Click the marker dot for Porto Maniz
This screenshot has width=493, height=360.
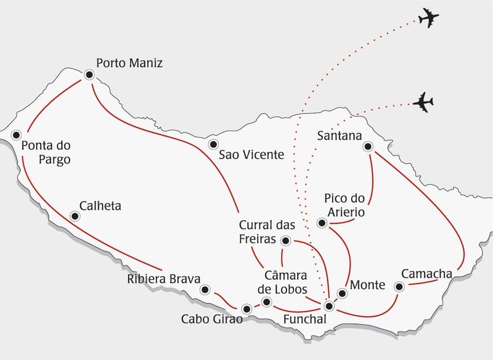click(x=89, y=76)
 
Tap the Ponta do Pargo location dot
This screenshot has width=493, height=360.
click(x=16, y=135)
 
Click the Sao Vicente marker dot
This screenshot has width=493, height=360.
click(x=212, y=144)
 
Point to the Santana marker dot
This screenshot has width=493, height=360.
click(x=368, y=147)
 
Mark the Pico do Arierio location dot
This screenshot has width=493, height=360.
click(x=322, y=223)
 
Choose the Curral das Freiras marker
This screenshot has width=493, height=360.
click(x=285, y=240)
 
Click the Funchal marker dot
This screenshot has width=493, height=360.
click(x=330, y=306)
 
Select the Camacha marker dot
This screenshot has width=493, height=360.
click(x=399, y=286)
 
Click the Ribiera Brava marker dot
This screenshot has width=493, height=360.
click(x=205, y=289)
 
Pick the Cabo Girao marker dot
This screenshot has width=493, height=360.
click(x=246, y=308)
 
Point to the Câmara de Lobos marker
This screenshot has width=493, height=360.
click(x=266, y=301)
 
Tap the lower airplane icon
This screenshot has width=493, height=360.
click(x=424, y=103)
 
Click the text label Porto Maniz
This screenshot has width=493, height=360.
click(x=129, y=63)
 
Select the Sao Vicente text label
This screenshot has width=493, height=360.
click(x=251, y=155)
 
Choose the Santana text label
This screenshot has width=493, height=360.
click(x=339, y=136)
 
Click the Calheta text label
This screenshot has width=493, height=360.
click(x=99, y=206)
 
